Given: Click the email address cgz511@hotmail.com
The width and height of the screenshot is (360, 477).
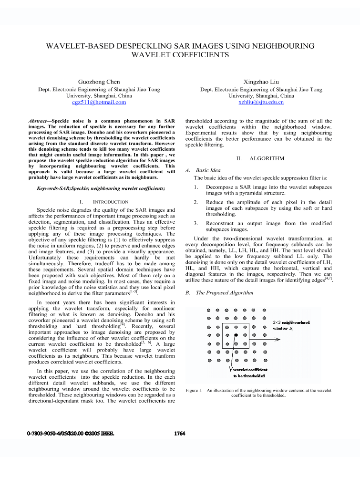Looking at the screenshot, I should pos(99,102).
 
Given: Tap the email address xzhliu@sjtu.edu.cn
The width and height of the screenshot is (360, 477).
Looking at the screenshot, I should pos(261,102).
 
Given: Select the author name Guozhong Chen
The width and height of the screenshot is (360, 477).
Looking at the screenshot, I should pos(99,82).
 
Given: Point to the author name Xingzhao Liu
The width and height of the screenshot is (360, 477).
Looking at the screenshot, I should pos(261,82).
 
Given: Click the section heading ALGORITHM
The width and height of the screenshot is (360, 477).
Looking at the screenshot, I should pos(267,158).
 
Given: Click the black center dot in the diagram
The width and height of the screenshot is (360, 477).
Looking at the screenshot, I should pos(236,336).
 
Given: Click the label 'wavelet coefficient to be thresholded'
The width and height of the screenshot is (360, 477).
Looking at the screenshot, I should pos(250,373).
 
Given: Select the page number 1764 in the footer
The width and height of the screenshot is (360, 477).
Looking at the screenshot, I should pos(179,434).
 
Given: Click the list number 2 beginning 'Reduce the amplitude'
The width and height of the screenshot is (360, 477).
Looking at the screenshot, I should pos(196,202).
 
